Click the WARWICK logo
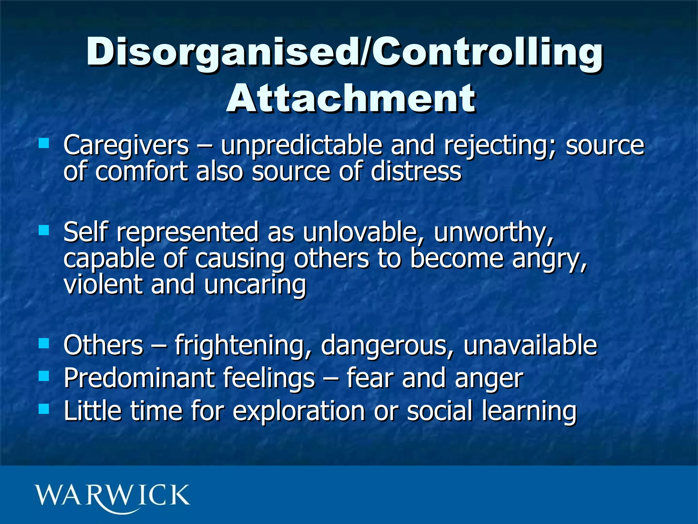pyautogui.click(x=112, y=496)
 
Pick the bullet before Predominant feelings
pyautogui.click(x=44, y=376)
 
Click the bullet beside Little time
pyautogui.click(x=44, y=408)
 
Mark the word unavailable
pyautogui.click(x=530, y=346)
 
